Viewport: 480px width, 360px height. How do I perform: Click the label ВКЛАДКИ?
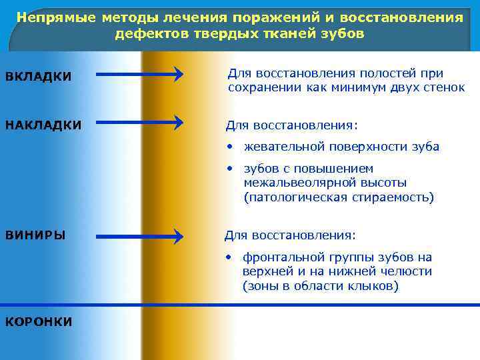38,77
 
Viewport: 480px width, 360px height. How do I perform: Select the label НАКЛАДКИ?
43,125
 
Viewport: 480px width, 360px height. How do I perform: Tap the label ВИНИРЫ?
35,235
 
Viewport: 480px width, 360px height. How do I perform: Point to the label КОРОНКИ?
39,322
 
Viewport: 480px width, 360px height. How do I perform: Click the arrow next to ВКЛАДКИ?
139,73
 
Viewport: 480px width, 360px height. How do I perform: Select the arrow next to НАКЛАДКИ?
139,122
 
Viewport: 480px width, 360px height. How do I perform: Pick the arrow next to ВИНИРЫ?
139,235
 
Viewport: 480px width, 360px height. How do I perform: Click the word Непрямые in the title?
57,17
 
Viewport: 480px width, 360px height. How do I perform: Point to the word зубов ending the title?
343,33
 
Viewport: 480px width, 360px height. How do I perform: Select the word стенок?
443,87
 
